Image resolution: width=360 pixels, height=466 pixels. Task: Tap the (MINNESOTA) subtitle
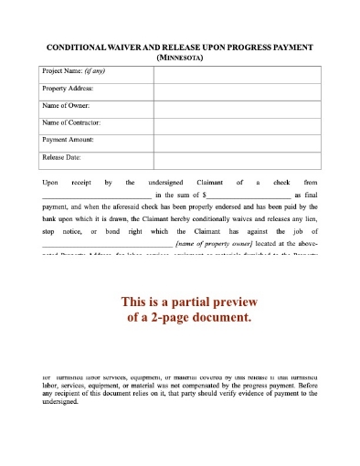pyautogui.click(x=180, y=57)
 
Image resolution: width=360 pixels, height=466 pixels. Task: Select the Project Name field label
pyautogui.click(x=61, y=71)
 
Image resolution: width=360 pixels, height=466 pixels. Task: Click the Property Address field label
pyautogui.click(x=68, y=89)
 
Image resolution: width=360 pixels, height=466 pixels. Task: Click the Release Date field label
pyautogui.click(x=62, y=157)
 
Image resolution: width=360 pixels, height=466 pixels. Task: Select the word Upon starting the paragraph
pyautogui.click(x=51, y=182)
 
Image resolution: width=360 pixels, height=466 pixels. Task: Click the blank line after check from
pyautogui.click(x=96, y=195)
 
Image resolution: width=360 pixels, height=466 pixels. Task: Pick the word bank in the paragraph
pyautogui.click(x=51, y=219)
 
